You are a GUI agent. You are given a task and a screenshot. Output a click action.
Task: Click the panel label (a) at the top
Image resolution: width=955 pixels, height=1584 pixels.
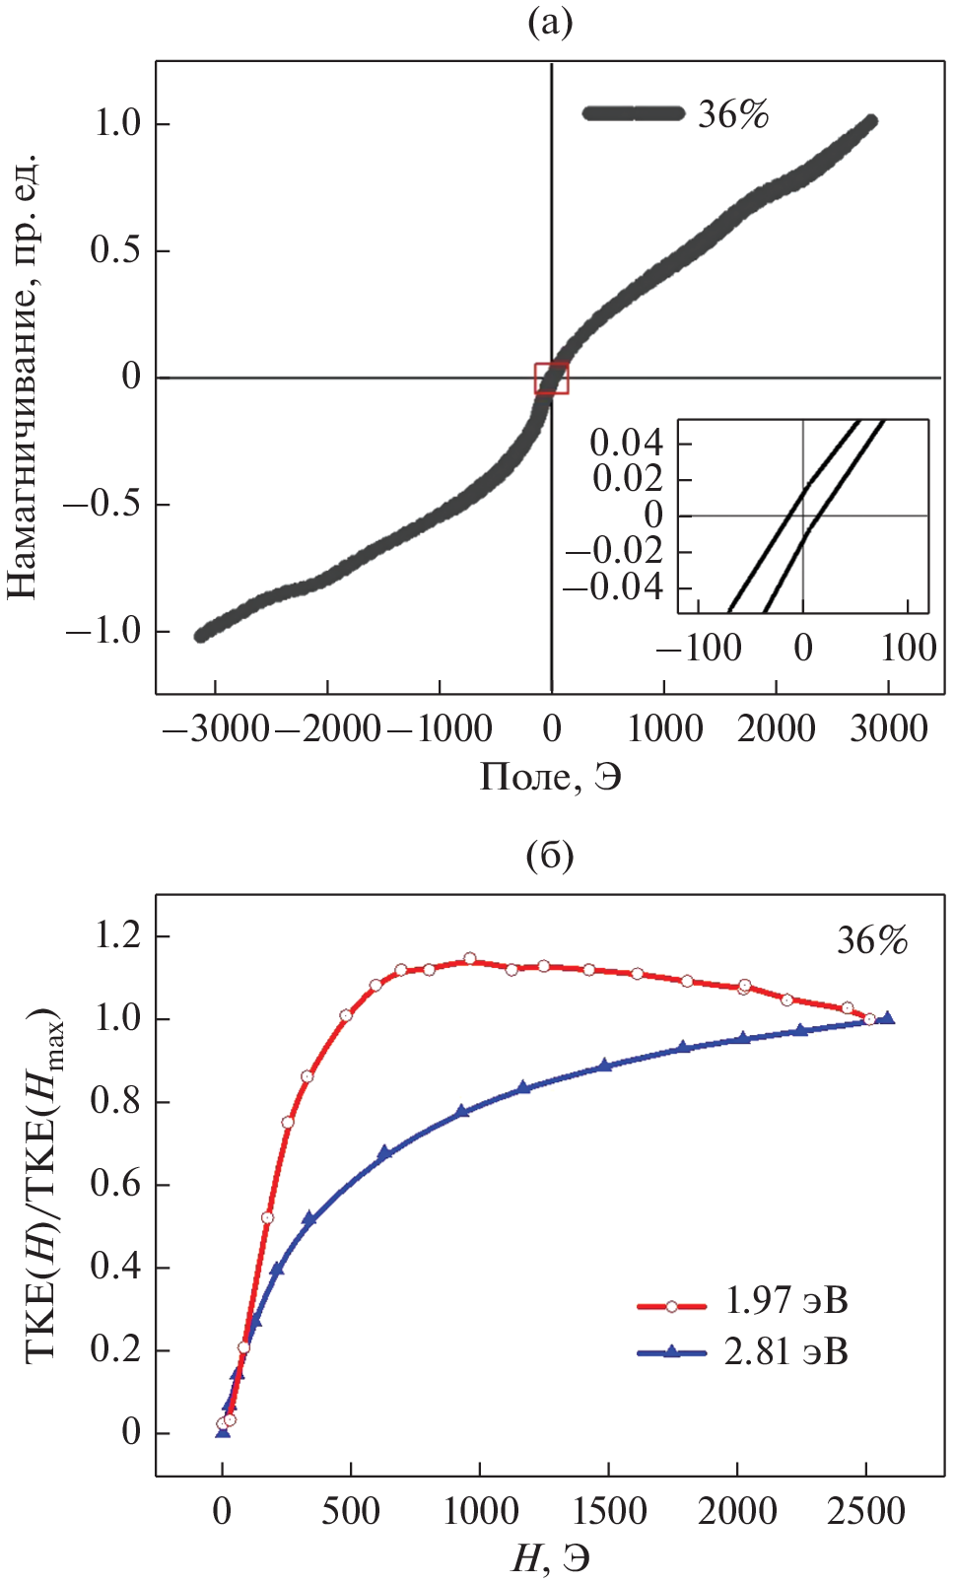pyautogui.click(x=550, y=22)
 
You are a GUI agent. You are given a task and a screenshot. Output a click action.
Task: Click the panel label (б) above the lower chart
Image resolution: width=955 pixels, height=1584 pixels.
pyautogui.click(x=550, y=855)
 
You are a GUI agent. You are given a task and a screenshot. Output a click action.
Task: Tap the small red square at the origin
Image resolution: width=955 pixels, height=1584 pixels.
pyautogui.click(x=551, y=379)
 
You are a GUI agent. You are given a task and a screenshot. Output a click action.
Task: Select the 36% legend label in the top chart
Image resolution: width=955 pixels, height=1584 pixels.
pyautogui.click(x=732, y=114)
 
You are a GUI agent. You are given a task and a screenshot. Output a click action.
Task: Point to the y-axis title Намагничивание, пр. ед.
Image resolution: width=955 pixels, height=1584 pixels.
pyautogui.click(x=22, y=376)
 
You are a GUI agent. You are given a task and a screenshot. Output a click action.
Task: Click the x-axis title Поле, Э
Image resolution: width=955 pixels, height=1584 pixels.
pyautogui.click(x=550, y=777)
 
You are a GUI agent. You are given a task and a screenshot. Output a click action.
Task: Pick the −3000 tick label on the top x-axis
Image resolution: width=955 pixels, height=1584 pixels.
pyautogui.click(x=215, y=728)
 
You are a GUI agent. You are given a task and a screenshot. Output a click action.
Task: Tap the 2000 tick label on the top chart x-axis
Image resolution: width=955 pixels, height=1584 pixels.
pyautogui.click(x=777, y=728)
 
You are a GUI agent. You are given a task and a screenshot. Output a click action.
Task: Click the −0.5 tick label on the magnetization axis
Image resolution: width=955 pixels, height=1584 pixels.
pyautogui.click(x=102, y=504)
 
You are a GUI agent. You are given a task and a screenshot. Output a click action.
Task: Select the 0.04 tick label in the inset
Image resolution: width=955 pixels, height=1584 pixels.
pyautogui.click(x=626, y=443)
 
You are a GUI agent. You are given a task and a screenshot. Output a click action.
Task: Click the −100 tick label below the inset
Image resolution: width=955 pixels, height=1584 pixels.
pyautogui.click(x=699, y=648)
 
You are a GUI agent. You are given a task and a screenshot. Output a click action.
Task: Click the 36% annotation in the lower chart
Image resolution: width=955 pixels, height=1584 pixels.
pyautogui.click(x=872, y=940)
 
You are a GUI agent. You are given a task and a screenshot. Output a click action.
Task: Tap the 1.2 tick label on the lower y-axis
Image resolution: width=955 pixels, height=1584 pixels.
pyautogui.click(x=117, y=934)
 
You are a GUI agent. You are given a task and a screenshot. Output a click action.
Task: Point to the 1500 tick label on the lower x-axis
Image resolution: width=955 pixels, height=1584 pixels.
pyautogui.click(x=608, y=1510)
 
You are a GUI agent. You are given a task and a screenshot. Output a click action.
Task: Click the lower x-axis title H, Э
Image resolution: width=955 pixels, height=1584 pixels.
pyautogui.click(x=550, y=1558)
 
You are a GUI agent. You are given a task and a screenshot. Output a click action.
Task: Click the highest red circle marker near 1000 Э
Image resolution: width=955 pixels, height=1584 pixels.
pyautogui.click(x=470, y=959)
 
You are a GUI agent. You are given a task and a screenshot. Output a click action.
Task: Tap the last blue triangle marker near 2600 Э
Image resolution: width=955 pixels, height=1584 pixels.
pyautogui.click(x=888, y=1018)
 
